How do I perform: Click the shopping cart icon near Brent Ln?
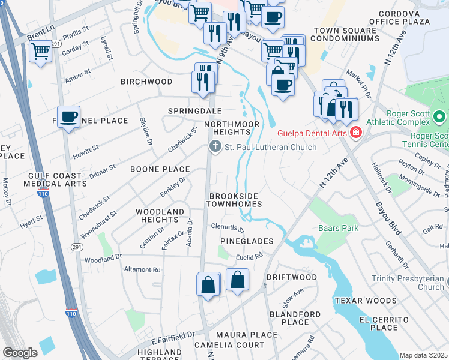pos(40,53)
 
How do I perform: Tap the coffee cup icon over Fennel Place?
pos(69,116)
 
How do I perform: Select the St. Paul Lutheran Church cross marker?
pos(215,146)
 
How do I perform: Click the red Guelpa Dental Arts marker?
pos(356,132)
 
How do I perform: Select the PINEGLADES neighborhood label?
pos(246,241)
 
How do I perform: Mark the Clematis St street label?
pos(228,229)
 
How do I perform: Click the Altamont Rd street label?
pos(142,270)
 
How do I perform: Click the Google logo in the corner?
pos(20,353)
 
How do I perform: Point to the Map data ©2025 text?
pos(423,355)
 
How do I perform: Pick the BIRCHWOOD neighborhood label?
pos(146,82)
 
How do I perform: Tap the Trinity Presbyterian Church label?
pos(408,283)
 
